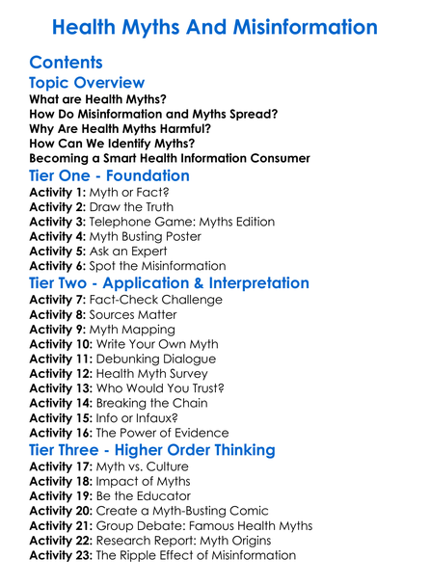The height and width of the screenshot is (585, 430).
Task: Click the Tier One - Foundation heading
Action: (110, 177)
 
